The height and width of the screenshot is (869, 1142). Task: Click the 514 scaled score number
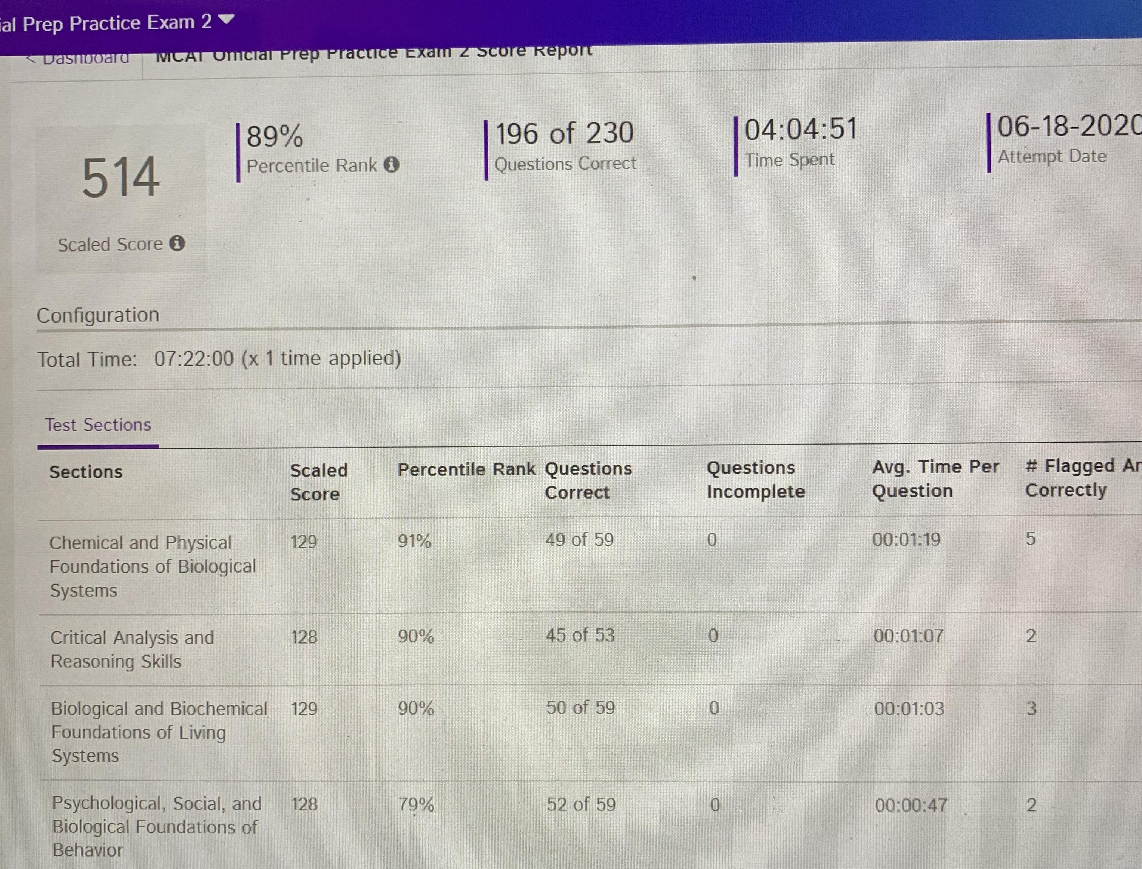(120, 178)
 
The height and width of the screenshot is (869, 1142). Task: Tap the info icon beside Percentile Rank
(392, 165)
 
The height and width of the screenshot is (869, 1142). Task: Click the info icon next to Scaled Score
(177, 243)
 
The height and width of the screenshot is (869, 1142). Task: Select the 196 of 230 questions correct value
(564, 133)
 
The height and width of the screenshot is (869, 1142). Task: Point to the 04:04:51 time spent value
(801, 129)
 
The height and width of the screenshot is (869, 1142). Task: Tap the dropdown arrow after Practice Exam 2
(227, 20)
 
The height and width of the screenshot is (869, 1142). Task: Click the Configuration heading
(98, 315)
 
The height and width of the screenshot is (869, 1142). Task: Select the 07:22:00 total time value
(194, 358)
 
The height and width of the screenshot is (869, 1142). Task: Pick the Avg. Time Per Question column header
(935, 478)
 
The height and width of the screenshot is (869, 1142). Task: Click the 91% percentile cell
(414, 541)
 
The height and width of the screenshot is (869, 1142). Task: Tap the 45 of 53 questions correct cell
(580, 635)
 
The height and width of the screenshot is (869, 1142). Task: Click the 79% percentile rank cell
(416, 804)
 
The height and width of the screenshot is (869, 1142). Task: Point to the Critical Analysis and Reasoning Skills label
(131, 649)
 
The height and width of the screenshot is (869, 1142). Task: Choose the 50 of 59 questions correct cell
(580, 708)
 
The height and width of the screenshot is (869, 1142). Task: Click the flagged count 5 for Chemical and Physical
(1030, 539)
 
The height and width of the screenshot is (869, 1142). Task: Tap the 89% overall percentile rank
(275, 137)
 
